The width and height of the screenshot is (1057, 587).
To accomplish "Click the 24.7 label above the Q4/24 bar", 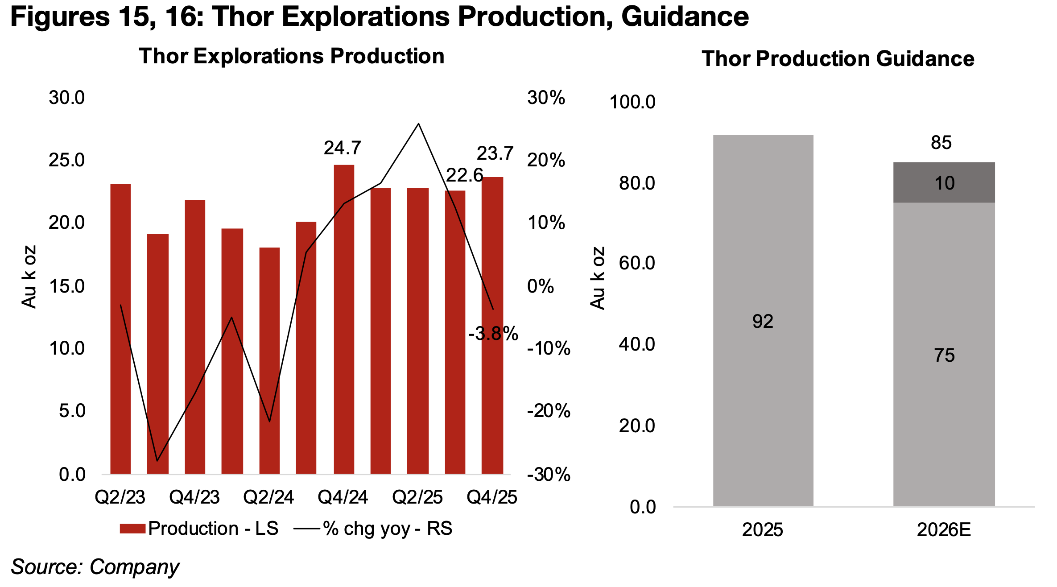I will click(342, 148).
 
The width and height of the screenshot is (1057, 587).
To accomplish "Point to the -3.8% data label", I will click(493, 334).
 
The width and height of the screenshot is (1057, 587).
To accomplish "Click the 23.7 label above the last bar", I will click(495, 154).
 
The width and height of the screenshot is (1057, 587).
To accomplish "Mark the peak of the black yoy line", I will click(418, 124).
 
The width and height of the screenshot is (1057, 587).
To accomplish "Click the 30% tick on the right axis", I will click(545, 98).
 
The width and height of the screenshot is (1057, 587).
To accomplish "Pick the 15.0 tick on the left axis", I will click(66, 286).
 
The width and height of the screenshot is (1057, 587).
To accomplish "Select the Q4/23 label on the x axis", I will click(194, 497).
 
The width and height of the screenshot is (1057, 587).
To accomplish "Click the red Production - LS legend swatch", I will click(132, 529).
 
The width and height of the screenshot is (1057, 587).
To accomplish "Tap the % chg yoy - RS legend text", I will click(387, 529).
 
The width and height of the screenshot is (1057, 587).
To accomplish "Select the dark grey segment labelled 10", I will click(944, 182).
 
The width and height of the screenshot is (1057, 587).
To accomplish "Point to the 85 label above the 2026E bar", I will click(941, 143).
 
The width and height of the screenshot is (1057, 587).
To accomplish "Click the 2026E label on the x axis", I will click(944, 530).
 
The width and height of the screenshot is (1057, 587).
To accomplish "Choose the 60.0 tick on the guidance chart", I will click(636, 263).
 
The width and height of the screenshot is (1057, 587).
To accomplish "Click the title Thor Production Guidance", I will click(838, 59).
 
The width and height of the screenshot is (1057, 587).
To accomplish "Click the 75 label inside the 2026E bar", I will click(944, 356).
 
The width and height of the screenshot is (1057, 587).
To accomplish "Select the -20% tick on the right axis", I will click(548, 411).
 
